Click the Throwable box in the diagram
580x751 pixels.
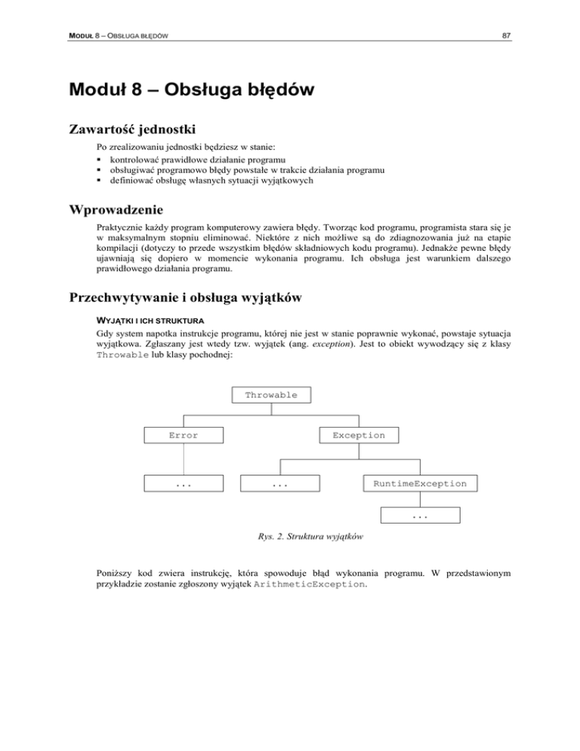271,395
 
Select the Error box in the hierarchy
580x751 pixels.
183,435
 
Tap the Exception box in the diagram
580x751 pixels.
358,435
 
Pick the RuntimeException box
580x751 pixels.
420,483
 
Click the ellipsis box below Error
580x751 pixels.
183,483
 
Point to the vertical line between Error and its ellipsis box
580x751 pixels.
183,459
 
